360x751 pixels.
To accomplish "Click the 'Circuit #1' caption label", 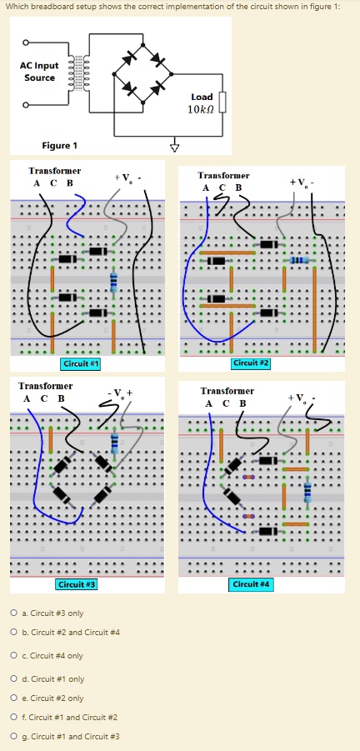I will point(82,364).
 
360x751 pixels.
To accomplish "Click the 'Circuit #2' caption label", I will point(251,363).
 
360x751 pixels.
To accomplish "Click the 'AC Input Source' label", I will point(39,71).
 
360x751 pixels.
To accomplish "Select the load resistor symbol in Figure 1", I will point(222,103).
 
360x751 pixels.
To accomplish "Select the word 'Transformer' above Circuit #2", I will point(223,176).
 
